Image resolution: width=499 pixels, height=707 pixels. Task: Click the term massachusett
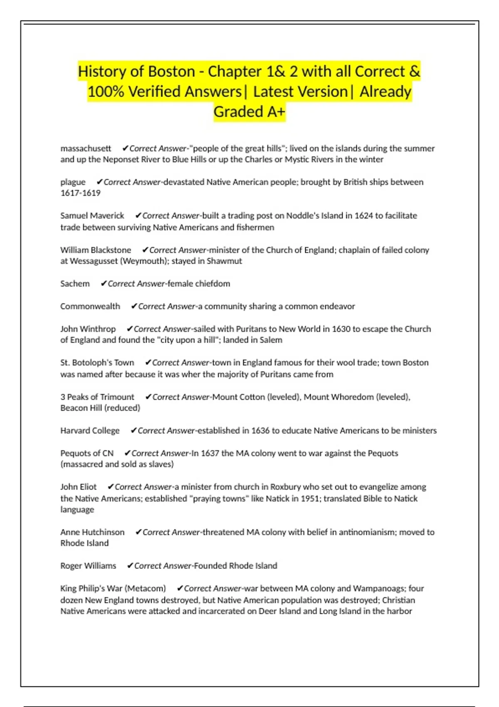coord(86,148)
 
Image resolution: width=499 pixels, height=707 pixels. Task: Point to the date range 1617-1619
coord(80,193)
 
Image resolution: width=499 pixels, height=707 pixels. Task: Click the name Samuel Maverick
coord(92,215)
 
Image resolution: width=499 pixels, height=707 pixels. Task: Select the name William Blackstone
coord(96,250)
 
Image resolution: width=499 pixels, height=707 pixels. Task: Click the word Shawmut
coord(224,261)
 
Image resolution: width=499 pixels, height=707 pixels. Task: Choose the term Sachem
coord(75,284)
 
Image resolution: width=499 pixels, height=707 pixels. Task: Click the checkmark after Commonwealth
coord(134,306)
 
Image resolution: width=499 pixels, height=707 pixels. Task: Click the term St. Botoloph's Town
coord(97,363)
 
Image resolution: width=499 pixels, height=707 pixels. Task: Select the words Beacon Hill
coord(81,408)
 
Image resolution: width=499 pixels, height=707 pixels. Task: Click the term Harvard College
coord(90,430)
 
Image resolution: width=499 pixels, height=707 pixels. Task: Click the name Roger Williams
coord(88,566)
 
